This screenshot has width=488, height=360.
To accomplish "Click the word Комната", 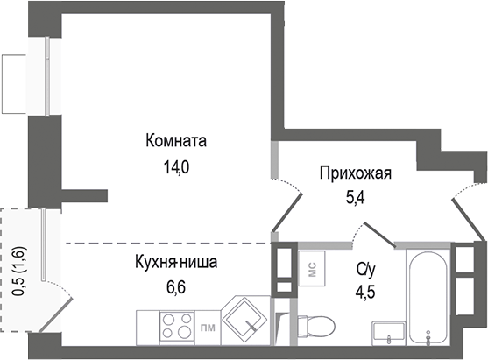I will (x=179, y=141).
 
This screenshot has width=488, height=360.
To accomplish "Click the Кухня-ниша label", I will (x=175, y=262).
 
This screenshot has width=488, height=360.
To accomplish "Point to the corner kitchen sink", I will (x=245, y=322).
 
